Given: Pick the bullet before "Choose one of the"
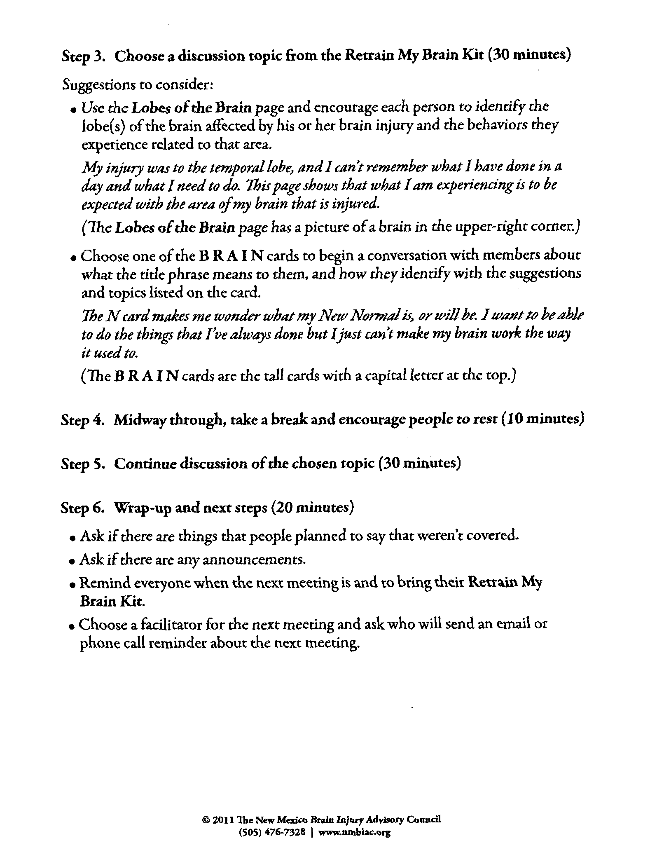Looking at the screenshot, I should coord(74,258).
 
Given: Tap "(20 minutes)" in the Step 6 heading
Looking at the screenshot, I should coord(313,508).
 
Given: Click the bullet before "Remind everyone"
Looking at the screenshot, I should coord(72,585).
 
